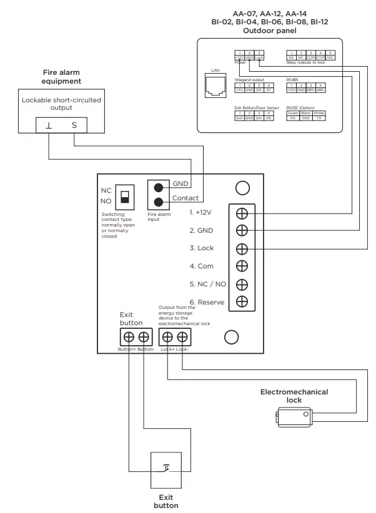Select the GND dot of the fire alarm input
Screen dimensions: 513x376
tap(160, 187)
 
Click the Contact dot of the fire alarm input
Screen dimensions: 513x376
tap(160, 202)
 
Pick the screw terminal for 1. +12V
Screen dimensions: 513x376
tap(242, 212)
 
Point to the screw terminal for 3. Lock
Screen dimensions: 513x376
tap(242, 248)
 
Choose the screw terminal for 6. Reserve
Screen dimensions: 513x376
tap(242, 302)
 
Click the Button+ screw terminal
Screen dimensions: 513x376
tap(129, 337)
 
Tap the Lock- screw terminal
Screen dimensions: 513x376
tap(182, 337)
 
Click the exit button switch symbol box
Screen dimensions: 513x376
tap(166, 470)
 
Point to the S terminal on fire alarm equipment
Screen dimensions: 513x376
tap(74, 125)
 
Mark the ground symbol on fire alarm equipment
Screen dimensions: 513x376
tap(49, 125)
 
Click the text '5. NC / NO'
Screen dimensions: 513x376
tap(208, 284)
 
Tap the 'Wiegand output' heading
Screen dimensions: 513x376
tap(249, 80)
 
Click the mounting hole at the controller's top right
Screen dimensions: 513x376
tap(242, 187)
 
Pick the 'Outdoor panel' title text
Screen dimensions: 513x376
tap(269, 30)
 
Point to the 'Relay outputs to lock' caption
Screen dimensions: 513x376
tap(306, 63)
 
